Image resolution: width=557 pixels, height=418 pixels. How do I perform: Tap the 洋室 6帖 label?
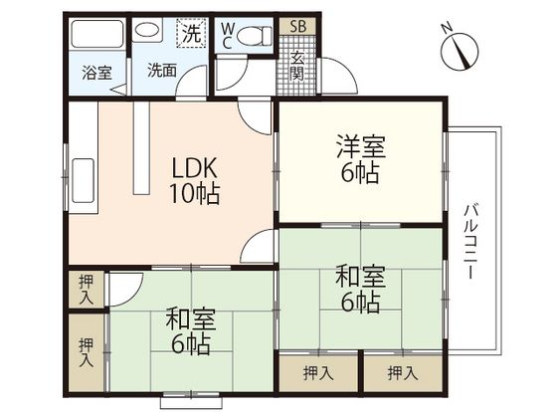coord(361,158)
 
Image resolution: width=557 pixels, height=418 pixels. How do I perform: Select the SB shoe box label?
coord(297,26)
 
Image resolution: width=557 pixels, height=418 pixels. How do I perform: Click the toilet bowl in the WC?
coord(255,36)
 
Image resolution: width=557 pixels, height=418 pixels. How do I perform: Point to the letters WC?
coord(227,35)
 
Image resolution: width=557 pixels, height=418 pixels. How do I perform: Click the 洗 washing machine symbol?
coord(192,33)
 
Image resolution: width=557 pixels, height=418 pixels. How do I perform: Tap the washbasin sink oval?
coord(148,30)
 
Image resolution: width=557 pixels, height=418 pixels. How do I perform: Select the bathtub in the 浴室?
coord(97,34)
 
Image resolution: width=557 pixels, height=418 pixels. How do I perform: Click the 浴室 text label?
coord(97,73)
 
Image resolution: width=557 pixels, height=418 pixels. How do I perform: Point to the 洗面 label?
coord(162,71)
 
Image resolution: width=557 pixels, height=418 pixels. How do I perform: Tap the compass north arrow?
coord(463,54)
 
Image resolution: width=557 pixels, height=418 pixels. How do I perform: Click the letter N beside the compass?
coord(447,28)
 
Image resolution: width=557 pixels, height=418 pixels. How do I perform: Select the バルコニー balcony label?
coord(469,241)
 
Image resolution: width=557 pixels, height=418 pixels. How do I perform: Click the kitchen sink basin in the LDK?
coord(84,180)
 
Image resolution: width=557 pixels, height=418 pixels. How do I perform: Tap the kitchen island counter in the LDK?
coord(141,148)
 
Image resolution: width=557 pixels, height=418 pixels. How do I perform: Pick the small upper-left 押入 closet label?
coord(87,290)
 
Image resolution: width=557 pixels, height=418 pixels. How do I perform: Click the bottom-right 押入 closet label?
coord(402,373)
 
